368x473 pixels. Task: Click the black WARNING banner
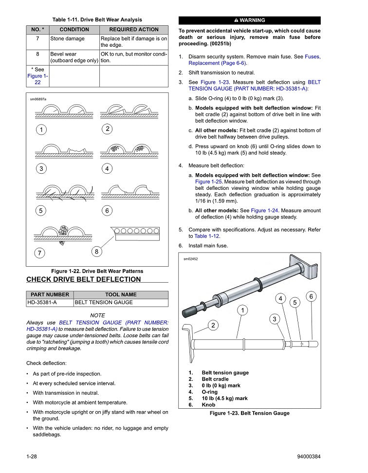(x=250, y=20)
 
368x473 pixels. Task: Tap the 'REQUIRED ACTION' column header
(x=134, y=30)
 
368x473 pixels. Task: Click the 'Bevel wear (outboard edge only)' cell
(x=74, y=57)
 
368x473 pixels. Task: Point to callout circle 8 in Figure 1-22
(x=97, y=252)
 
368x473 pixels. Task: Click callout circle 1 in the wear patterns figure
(x=41, y=129)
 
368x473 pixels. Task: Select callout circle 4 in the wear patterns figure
(x=107, y=168)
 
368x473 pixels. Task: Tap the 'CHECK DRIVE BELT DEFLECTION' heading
(x=83, y=279)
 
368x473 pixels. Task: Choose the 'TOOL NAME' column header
(x=121, y=294)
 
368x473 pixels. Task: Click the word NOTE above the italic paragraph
(x=97, y=315)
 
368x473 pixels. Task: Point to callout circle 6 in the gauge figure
(x=312, y=296)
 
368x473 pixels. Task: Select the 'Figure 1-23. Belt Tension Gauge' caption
(x=249, y=413)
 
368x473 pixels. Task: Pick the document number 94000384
(x=308, y=456)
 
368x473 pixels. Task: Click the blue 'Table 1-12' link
(x=207, y=236)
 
